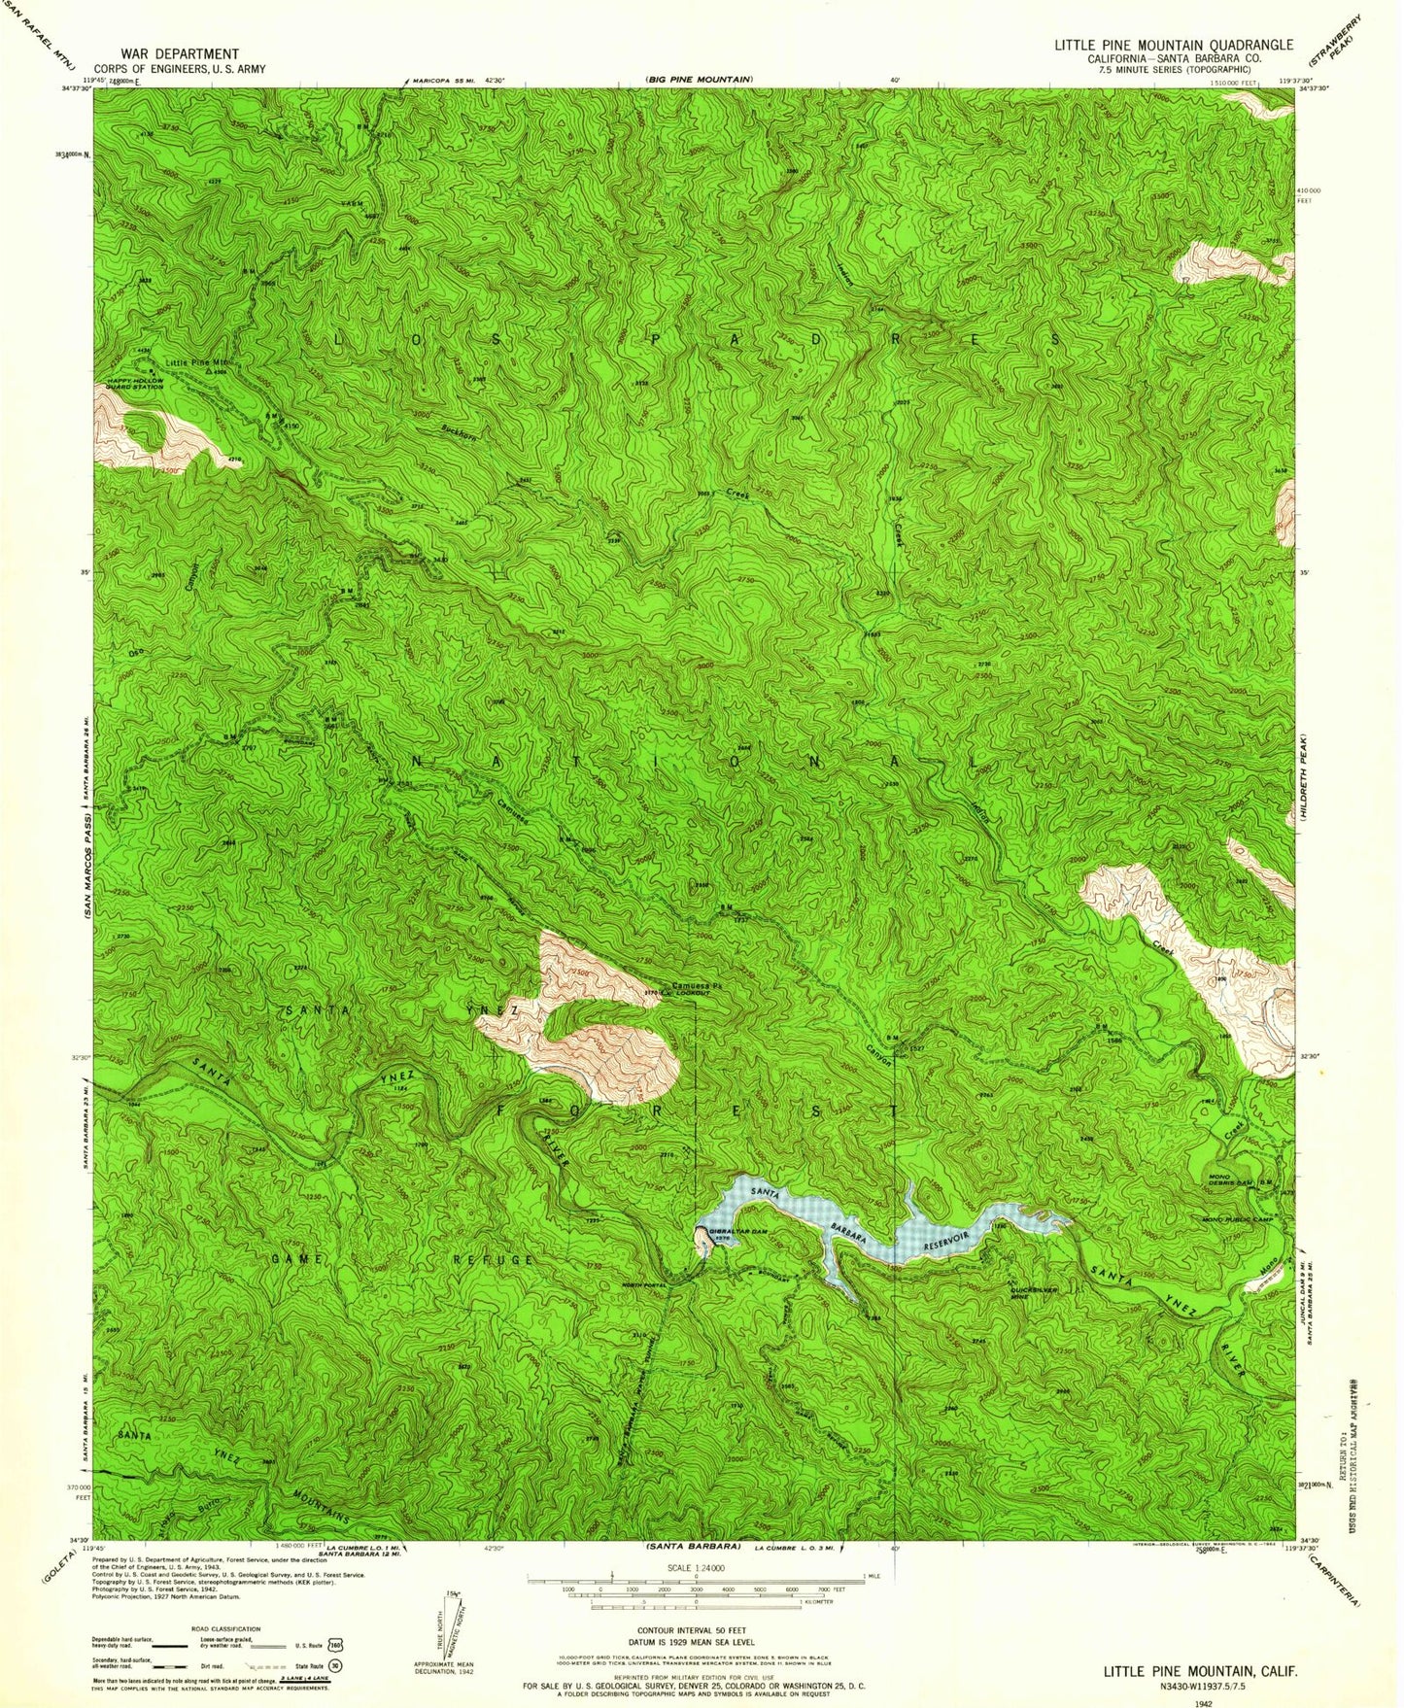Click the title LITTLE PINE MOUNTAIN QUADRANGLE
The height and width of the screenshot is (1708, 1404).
(1174, 45)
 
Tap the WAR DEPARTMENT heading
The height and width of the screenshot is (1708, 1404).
(180, 54)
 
